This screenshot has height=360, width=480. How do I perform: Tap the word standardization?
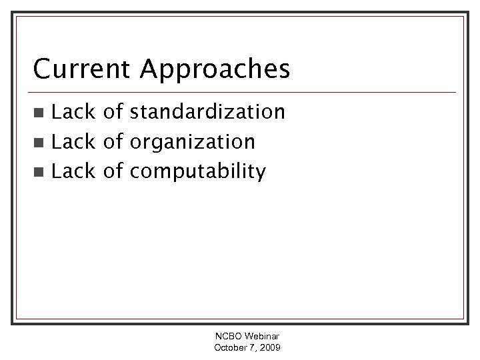click(208, 111)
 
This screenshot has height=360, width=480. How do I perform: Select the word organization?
click(193, 142)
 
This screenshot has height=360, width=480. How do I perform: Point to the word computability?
click(199, 173)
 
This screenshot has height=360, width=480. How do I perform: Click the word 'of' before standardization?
click(113, 111)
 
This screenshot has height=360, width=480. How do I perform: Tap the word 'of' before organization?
click(113, 141)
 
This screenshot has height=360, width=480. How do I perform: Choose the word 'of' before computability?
click(113, 172)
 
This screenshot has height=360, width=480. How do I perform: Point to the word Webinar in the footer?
click(262, 337)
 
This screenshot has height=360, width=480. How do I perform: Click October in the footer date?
click(230, 349)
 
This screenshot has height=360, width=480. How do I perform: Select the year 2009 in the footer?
click(270, 349)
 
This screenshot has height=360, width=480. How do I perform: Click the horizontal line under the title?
click(240, 92)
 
